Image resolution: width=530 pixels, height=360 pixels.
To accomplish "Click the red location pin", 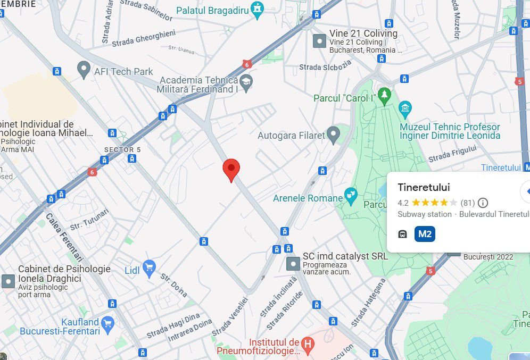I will coord(231,169).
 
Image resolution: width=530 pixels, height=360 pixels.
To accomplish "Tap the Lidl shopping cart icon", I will coord(148,267).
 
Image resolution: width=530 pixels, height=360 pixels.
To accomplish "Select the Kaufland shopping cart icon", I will coord(108,323).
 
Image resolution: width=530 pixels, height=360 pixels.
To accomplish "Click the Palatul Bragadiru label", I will coord(213,10).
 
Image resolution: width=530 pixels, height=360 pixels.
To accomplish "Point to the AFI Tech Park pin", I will coord(83,69).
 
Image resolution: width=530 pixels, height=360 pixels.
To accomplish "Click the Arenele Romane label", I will coord(308,198).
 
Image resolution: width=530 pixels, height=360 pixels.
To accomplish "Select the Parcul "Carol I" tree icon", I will coord(384,96).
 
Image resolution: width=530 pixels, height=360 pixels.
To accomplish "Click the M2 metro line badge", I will coord(425,234).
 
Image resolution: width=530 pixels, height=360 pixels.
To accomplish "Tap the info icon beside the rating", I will coord(483,203).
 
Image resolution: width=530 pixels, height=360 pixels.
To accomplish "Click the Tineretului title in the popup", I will coord(424,187).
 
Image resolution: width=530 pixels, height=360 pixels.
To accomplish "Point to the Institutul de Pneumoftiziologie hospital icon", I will coord(307,343).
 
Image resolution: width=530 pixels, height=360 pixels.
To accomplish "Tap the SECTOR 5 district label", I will coord(122,150).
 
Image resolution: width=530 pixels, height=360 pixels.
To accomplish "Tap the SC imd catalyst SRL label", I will coord(345,256).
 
